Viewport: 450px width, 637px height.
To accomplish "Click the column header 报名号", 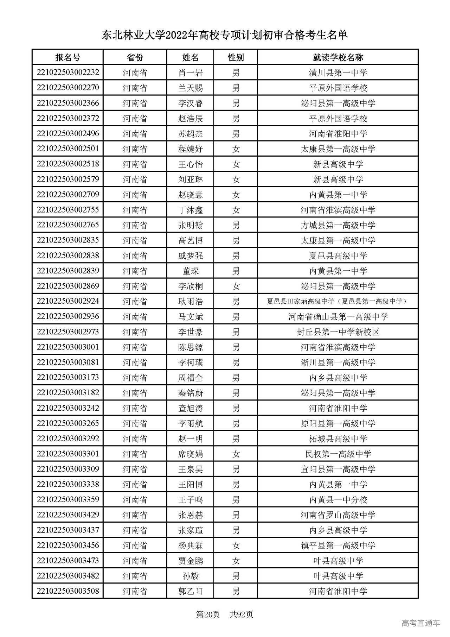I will [x=67, y=57].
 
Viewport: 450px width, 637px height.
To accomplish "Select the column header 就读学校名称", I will [x=338, y=57].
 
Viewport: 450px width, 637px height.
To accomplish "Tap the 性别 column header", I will [x=236, y=57].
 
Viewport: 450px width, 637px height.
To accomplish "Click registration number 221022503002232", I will [x=68, y=72].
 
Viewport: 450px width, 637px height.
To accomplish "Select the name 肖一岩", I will [x=190, y=73].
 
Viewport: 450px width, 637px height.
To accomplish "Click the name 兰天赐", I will [x=190, y=88].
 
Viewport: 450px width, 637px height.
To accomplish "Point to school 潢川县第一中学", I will [x=338, y=73].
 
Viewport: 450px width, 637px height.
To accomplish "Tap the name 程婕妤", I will [x=190, y=149].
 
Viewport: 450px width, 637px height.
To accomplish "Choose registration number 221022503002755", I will [x=68, y=210].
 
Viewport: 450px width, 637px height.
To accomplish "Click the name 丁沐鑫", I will [x=190, y=210].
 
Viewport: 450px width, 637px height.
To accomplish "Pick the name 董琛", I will [x=190, y=271].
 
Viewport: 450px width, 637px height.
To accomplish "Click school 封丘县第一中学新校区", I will [x=338, y=332].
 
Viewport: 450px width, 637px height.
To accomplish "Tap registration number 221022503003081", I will [x=68, y=362].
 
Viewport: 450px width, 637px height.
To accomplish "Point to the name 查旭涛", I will [x=190, y=408].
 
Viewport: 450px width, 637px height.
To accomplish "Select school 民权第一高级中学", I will [x=338, y=454].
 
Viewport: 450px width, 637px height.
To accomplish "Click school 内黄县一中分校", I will [x=338, y=500].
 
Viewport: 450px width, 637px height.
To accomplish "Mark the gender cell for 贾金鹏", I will [x=236, y=561].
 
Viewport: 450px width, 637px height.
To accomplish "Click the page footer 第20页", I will [x=207, y=614].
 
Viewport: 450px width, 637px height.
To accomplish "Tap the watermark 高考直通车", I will [x=420, y=623].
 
